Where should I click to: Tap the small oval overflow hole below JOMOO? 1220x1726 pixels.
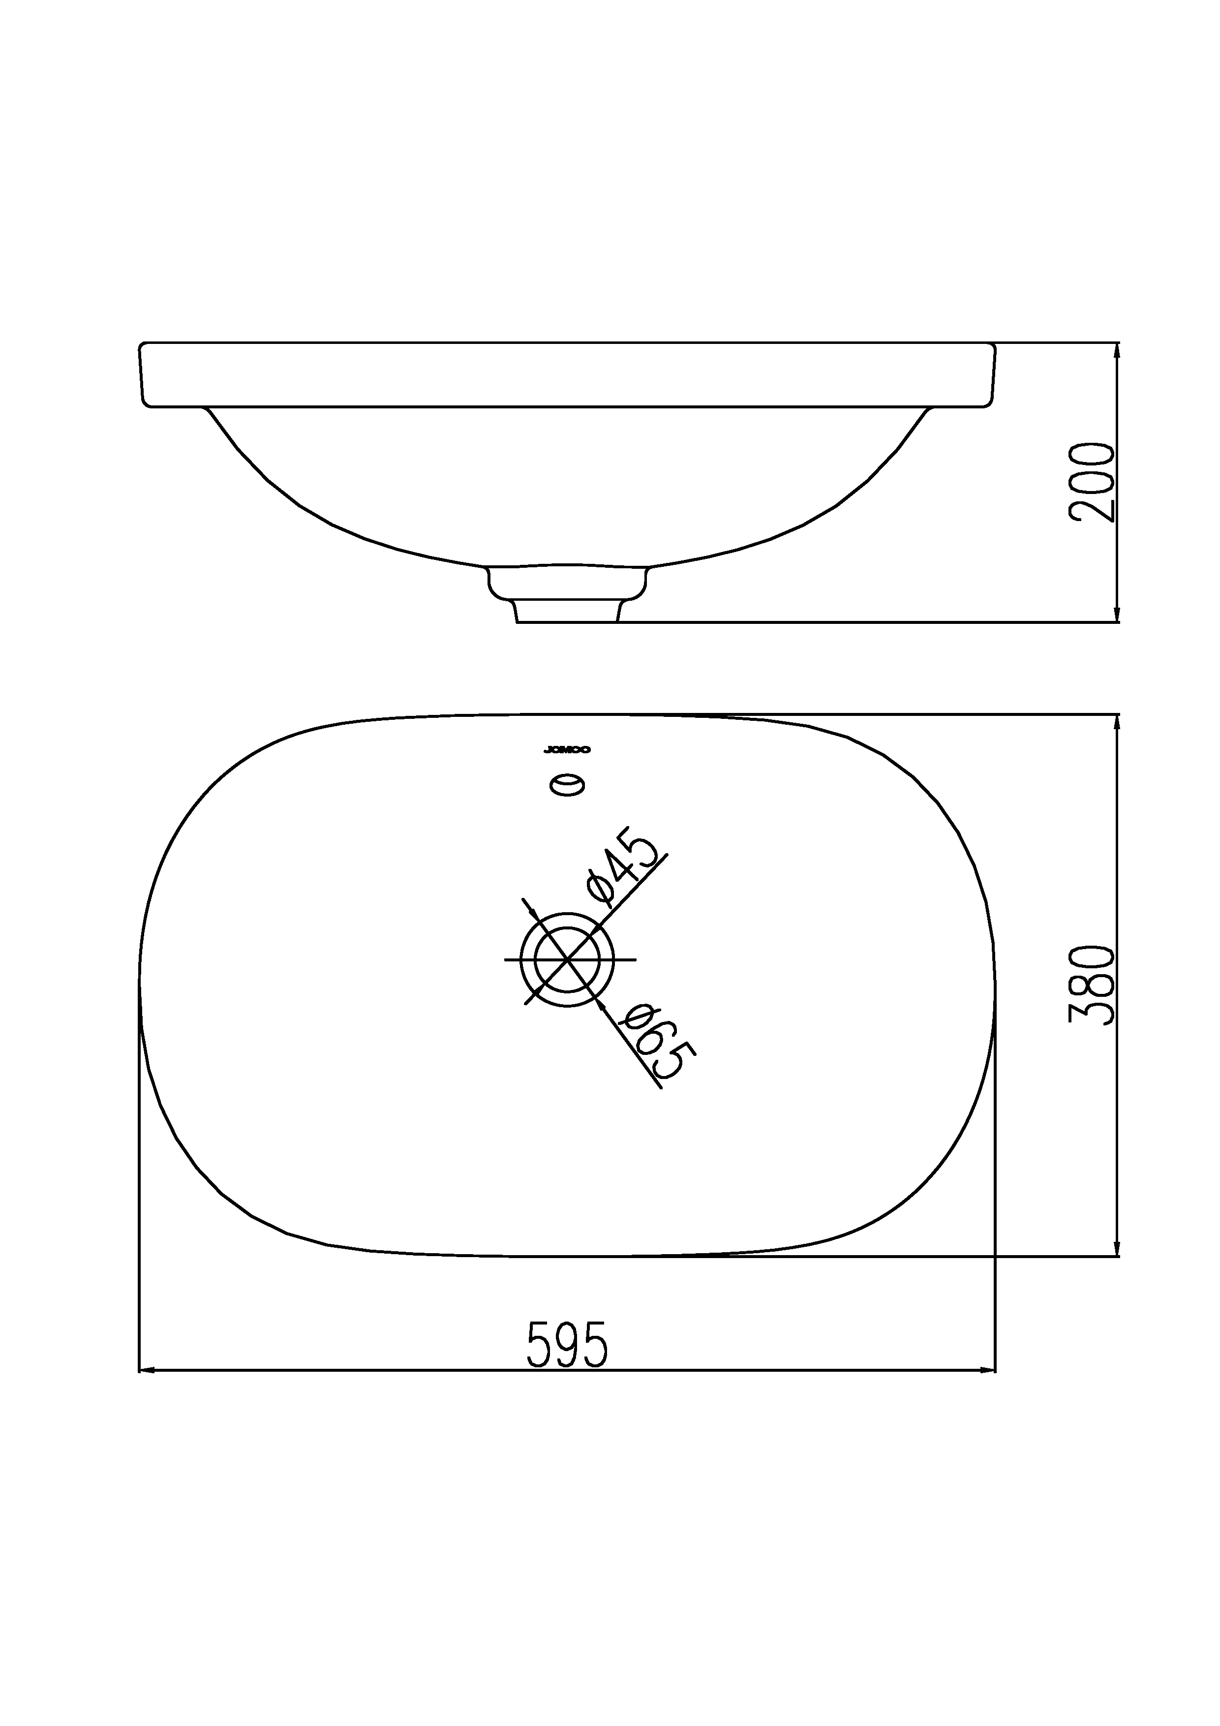point(568,786)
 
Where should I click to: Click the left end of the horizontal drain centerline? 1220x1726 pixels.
point(505,960)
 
